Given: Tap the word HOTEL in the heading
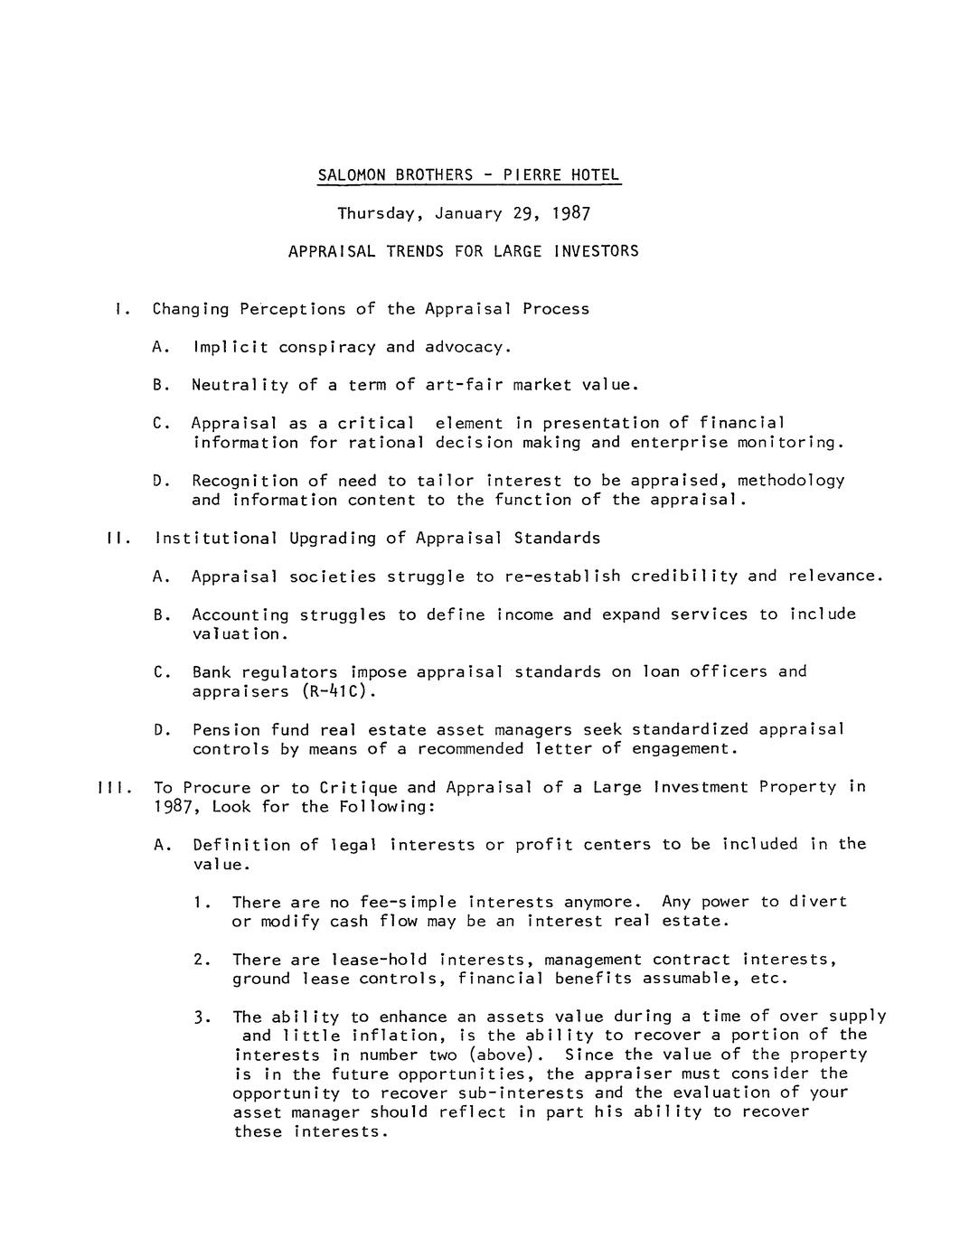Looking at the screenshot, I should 596,174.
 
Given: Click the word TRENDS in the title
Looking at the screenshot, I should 416,251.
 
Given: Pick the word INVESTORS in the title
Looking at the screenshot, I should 596,251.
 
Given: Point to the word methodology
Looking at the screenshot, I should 791,481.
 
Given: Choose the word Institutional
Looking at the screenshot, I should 217,539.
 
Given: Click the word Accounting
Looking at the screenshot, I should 240,614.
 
